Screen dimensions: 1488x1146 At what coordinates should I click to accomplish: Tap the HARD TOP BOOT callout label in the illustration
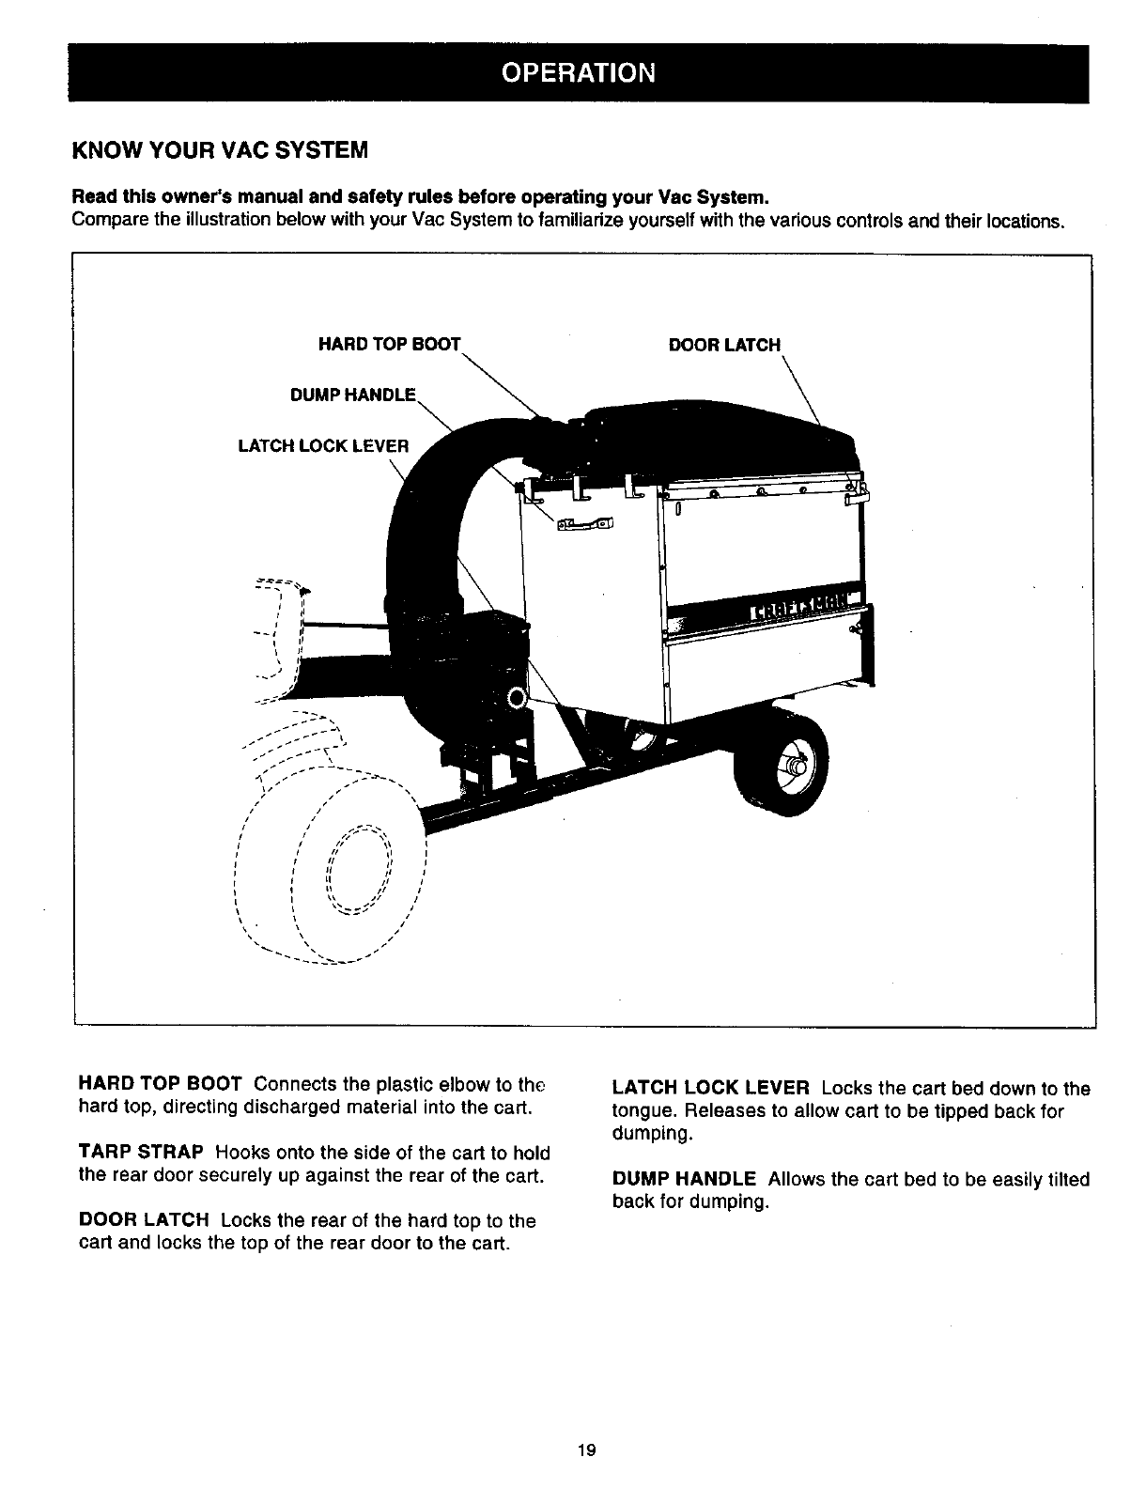(x=390, y=345)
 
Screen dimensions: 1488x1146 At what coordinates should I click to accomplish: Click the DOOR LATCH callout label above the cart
(x=723, y=345)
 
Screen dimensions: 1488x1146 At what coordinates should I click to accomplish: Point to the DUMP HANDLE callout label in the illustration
(x=352, y=395)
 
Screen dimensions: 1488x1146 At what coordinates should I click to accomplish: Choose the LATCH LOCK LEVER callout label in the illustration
(x=323, y=445)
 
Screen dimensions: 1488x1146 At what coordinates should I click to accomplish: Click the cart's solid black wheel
(x=784, y=763)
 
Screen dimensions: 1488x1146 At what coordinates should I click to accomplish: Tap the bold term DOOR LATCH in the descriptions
(x=144, y=1220)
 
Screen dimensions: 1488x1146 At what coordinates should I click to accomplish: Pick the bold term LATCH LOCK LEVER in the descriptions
(x=710, y=1089)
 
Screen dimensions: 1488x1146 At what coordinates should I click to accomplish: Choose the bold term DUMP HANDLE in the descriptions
(x=684, y=1179)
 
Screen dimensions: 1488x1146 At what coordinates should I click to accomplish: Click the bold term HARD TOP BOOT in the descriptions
(x=161, y=1085)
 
